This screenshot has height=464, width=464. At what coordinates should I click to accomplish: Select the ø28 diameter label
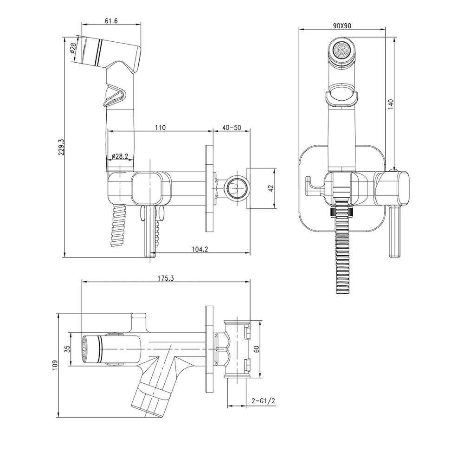coord(73,48)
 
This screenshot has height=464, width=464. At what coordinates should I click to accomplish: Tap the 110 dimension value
coord(160,128)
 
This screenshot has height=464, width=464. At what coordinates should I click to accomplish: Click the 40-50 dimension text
coord(232,128)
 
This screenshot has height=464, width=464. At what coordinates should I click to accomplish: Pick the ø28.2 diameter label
coord(120,156)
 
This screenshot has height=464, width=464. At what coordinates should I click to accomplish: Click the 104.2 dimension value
coord(200,249)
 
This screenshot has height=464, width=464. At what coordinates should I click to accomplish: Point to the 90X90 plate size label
coord(342,26)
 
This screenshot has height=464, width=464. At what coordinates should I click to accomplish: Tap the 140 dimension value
coord(391,105)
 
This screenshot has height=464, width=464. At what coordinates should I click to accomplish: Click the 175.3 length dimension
coord(166,278)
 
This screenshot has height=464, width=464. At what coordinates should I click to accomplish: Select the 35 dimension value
coord(67,349)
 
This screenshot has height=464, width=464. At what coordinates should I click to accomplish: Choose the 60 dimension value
coord(257,349)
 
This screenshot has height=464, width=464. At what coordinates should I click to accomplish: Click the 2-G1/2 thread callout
coord(264,401)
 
